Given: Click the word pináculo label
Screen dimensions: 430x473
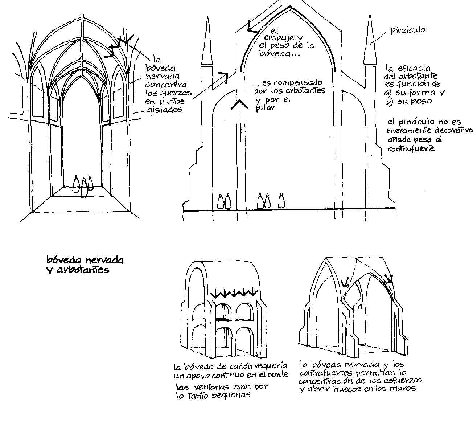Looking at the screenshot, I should (408, 30).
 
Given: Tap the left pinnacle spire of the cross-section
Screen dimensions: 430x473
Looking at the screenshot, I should (208, 44).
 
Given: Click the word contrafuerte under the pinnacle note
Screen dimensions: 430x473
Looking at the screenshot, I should (411, 148).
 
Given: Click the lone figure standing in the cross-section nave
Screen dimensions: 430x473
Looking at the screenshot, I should (281, 200).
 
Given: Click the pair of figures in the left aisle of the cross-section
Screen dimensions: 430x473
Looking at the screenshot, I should (224, 201).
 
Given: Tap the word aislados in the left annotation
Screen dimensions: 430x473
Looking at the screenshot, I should (164, 109).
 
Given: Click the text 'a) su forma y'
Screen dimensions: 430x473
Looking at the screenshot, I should (414, 93).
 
